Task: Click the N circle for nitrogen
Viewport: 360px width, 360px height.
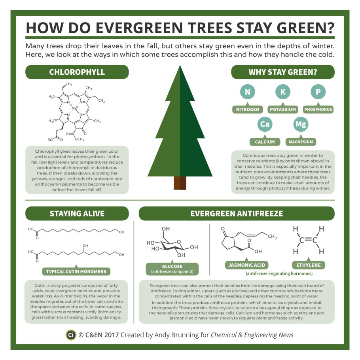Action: (x=248, y=92)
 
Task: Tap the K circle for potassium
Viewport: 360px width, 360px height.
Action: (x=283, y=92)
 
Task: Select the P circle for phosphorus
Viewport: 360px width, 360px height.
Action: (x=318, y=92)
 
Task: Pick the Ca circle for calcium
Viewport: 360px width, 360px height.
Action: (x=264, y=125)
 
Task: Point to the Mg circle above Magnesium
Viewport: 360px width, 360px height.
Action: (x=300, y=125)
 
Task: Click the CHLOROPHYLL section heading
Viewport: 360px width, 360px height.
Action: (x=77, y=72)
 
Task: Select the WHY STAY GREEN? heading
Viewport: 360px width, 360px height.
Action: (x=283, y=72)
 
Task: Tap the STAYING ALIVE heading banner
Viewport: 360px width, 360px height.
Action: (x=77, y=214)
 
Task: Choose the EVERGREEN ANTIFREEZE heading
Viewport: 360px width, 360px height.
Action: (x=237, y=214)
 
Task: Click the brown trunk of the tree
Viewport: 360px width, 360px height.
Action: (x=180, y=183)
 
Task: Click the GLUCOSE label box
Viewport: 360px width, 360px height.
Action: (x=172, y=269)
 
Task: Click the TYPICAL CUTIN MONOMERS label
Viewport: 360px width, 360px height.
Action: (x=76, y=271)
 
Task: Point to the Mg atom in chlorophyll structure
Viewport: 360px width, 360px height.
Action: (x=74, y=108)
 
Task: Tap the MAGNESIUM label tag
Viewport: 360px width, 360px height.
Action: (x=300, y=142)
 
